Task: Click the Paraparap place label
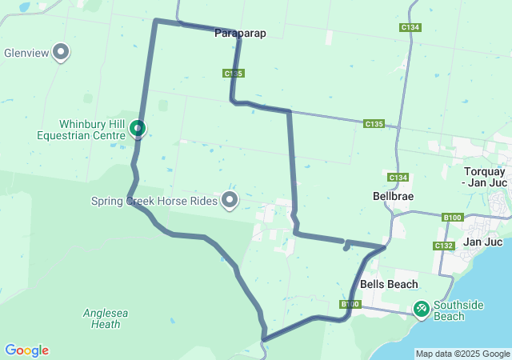coord(240,34)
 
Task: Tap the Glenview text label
coord(26,54)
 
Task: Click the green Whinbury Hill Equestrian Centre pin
coord(138,128)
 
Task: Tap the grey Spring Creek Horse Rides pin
coord(230,200)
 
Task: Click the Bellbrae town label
coord(392,195)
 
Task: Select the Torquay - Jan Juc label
coord(485,178)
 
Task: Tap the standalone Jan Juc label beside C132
coord(482,242)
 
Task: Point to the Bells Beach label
coord(389,284)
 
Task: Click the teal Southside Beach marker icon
coord(422,308)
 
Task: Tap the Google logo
coord(26,350)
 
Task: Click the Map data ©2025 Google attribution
coord(462,354)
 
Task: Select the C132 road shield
coord(443,246)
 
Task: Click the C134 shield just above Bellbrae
coord(398,177)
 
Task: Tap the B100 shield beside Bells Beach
coord(350,304)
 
